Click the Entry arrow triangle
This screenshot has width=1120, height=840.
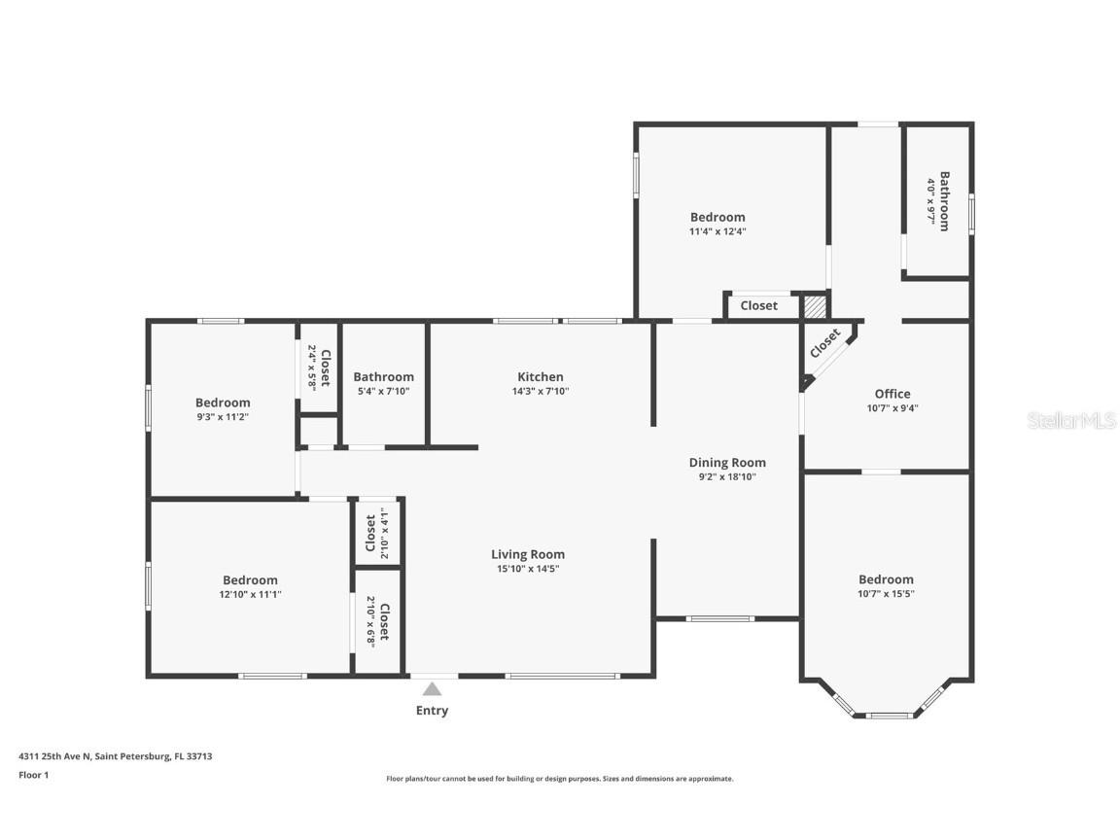click(x=432, y=689)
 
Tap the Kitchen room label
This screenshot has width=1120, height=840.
click(x=540, y=377)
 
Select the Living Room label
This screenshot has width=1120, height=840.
click(x=528, y=555)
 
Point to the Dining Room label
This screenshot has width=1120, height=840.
click(x=727, y=463)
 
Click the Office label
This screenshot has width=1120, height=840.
click(x=892, y=394)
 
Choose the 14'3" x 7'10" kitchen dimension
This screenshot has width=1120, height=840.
click(x=540, y=392)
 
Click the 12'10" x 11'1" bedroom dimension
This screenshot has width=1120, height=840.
click(x=250, y=594)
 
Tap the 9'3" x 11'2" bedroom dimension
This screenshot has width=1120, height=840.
click(x=223, y=416)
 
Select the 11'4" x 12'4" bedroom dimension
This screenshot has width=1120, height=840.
click(x=717, y=231)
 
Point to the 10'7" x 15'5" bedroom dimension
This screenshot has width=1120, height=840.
click(x=886, y=593)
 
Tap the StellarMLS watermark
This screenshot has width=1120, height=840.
click(x=1071, y=421)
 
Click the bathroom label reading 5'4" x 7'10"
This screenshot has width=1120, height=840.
click(x=383, y=392)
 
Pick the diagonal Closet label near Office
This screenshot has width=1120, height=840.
click(x=825, y=341)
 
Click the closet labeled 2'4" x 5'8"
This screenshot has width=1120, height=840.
click(x=319, y=367)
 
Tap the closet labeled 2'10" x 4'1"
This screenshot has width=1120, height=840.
click(x=377, y=532)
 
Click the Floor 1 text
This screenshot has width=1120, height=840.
click(x=33, y=775)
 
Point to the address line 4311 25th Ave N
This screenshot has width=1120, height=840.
click(x=115, y=755)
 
